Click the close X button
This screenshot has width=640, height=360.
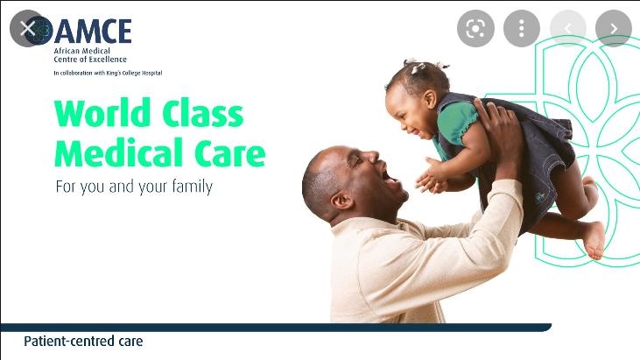pyautogui.click(x=28, y=29)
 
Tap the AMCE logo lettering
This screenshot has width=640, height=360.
pyautogui.click(x=93, y=32)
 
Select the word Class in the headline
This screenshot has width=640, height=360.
pyautogui.click(x=203, y=113)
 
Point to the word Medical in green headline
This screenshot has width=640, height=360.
pyautogui.click(x=119, y=152)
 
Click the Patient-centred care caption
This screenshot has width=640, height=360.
pyautogui.click(x=83, y=342)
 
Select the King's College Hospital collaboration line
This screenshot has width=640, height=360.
pyautogui.click(x=108, y=73)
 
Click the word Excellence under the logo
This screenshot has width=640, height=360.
pyautogui.click(x=108, y=60)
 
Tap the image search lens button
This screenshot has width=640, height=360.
pyautogui.click(x=475, y=29)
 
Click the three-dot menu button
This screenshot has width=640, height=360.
pyautogui.click(x=522, y=29)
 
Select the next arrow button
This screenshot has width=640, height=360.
pyautogui.click(x=614, y=29)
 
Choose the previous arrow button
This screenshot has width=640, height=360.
pyautogui.click(x=567, y=29)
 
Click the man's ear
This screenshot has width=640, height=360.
pyautogui.click(x=341, y=201)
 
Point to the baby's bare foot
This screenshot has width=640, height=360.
pyautogui.click(x=594, y=241)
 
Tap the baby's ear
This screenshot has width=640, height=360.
pyautogui.click(x=430, y=99)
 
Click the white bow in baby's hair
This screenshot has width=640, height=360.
pyautogui.click(x=418, y=67)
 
